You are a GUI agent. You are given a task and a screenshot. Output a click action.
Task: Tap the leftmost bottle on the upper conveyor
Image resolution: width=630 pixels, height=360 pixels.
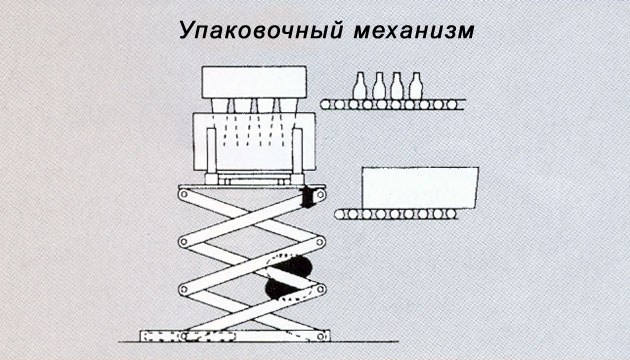pyautogui.click(x=360, y=86)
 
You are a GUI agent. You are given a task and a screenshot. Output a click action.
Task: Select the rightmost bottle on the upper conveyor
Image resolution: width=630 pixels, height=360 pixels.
pyautogui.click(x=415, y=86)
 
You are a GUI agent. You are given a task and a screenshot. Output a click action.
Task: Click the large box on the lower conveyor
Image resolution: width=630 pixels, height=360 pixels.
pyautogui.click(x=420, y=188)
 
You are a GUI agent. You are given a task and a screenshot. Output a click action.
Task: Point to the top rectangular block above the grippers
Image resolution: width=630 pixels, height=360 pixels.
pyautogui.click(x=254, y=82)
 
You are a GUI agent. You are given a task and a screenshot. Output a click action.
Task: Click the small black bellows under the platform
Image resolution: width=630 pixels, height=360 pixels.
pyautogui.click(x=309, y=197)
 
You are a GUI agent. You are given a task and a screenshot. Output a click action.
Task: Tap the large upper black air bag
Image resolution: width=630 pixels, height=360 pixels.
pyautogui.click(x=291, y=265)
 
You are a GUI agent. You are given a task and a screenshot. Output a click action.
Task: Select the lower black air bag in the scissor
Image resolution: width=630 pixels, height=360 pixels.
pyautogui.click(x=282, y=290)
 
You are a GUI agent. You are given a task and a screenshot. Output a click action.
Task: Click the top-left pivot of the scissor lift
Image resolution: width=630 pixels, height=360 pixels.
pyautogui.click(x=184, y=194)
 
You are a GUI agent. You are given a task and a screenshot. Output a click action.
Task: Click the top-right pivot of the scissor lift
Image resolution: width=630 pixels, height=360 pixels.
pyautogui.click(x=320, y=195)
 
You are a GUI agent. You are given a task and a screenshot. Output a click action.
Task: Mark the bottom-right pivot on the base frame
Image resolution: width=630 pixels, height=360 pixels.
pyautogui.click(x=321, y=335)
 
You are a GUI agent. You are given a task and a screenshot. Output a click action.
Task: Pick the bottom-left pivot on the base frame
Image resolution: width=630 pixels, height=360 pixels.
pyautogui.click(x=184, y=335)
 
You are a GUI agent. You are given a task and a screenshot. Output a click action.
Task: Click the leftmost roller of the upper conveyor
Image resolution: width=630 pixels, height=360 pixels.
pyautogui.click(x=326, y=105)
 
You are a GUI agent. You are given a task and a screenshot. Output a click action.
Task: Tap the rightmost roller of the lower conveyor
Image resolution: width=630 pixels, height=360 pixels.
pyautogui.click(x=451, y=214)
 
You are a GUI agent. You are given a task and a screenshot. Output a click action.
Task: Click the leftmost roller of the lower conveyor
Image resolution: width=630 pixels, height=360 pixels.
pyautogui.click(x=340, y=214)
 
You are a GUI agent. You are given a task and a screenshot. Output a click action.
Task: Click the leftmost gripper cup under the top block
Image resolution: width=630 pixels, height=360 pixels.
pyautogui.click(x=219, y=105)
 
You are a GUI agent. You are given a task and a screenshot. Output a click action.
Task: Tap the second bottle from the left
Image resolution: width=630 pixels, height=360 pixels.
pyautogui.click(x=378, y=86)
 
